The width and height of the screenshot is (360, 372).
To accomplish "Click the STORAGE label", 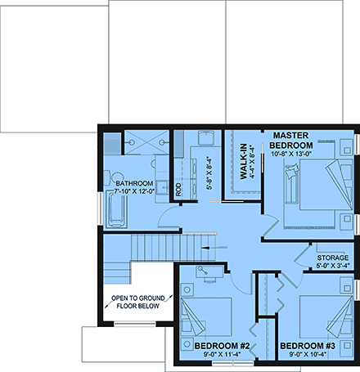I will [332, 257].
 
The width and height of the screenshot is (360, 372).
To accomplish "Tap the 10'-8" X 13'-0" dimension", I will [295, 154].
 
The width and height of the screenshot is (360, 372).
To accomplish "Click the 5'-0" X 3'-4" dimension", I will [332, 265].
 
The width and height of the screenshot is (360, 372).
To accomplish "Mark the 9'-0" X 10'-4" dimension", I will [307, 355].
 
